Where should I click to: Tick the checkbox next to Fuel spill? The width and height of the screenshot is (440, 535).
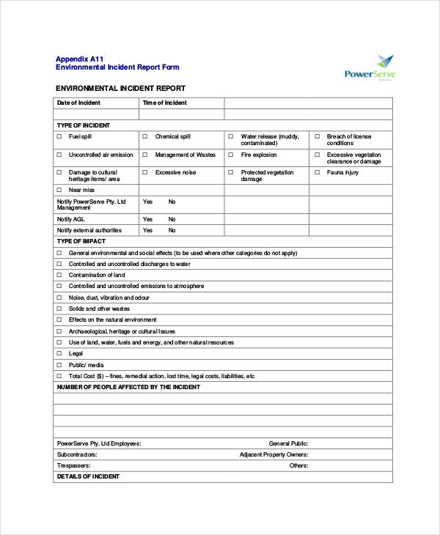59,136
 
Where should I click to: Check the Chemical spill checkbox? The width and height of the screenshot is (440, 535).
145,136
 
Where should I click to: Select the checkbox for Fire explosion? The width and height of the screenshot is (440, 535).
231,155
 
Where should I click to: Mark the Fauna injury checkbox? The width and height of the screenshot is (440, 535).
317,172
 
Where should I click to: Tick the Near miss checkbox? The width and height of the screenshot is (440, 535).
59,190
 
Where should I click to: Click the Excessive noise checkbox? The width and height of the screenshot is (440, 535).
145,172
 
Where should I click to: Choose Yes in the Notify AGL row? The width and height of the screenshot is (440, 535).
147,219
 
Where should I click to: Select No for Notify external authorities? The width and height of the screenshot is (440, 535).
172,230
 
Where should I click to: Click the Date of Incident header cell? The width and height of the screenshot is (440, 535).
78,103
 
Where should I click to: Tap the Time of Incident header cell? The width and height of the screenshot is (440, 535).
165,103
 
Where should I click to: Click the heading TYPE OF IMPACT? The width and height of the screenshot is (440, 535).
81,241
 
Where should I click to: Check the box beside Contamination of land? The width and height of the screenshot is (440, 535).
59,275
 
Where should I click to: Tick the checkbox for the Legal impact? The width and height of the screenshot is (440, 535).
59,353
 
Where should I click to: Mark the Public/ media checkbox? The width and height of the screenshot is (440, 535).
59,364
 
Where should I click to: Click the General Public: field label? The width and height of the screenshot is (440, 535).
288,443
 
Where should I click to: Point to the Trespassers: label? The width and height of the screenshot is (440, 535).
74,465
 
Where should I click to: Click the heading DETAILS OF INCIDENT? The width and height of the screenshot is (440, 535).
88,476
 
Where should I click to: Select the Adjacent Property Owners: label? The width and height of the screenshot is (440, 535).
274,454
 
